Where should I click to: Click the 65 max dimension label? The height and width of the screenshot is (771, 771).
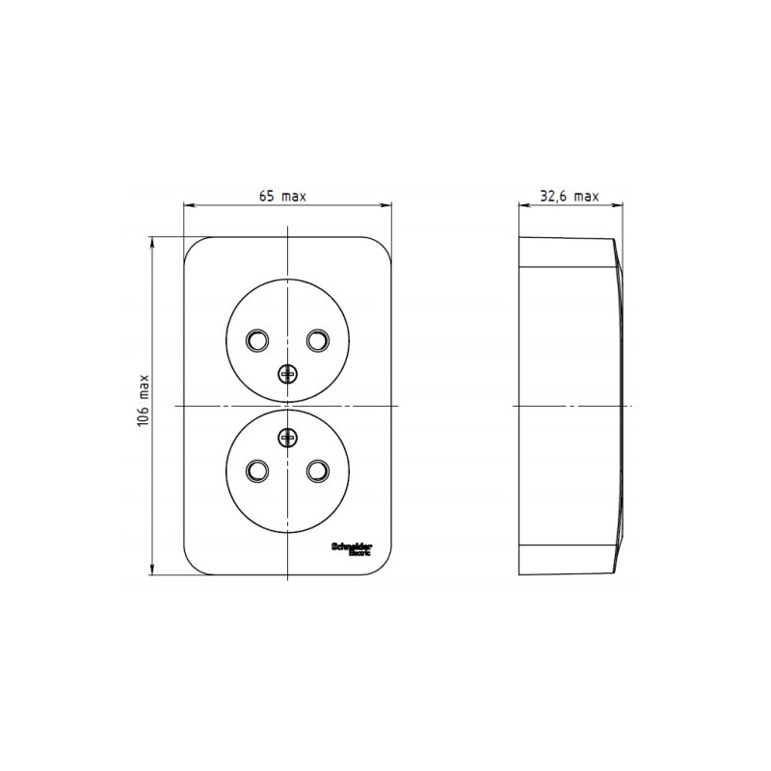click(282, 196)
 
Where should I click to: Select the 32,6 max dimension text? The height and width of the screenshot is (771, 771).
click(569, 196)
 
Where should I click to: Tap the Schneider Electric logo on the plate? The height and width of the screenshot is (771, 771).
click(349, 546)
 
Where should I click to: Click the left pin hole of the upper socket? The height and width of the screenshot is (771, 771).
click(257, 340)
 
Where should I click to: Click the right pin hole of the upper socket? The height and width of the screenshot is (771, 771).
click(317, 340)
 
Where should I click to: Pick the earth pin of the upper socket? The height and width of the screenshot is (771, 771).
click(287, 374)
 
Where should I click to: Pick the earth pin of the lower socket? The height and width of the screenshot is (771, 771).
click(287, 439)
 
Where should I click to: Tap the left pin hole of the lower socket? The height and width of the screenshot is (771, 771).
click(257, 470)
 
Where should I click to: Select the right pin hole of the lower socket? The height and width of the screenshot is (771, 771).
click(317, 470)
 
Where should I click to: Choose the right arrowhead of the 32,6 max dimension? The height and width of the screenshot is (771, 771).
click(619, 204)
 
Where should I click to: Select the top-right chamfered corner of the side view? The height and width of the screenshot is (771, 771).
click(614, 243)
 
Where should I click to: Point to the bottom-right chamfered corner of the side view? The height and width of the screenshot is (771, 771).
click(614, 571)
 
